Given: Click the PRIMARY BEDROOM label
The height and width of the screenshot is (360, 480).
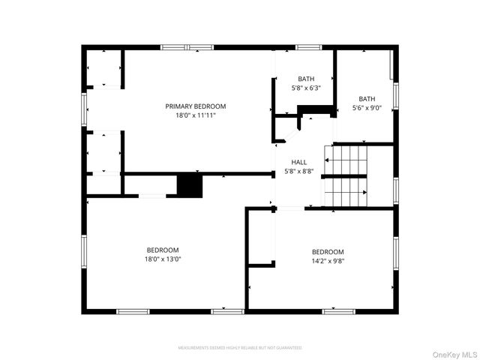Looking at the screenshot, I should [195, 106].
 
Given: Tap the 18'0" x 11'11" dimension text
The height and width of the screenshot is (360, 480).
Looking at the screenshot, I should [195, 115].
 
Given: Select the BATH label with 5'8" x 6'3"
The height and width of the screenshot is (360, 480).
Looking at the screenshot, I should [306, 79].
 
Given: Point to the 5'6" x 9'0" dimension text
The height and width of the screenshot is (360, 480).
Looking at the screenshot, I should [367, 107].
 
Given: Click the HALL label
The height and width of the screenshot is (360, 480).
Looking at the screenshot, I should [299, 162].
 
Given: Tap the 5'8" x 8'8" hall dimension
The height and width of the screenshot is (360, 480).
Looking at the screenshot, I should [299, 171].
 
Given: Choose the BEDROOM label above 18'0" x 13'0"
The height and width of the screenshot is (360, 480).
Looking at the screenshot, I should [163, 250].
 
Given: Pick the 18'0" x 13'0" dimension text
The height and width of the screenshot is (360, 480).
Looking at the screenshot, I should [163, 259].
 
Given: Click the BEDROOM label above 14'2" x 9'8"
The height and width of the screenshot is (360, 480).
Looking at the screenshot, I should [328, 252].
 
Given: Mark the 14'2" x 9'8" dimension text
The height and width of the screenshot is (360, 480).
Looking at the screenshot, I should [328, 261].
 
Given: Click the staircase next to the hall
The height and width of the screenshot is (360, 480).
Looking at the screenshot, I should [346, 175].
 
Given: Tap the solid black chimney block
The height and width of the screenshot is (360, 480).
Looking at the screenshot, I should [190, 186].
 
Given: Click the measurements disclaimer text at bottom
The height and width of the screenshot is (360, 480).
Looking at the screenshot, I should [240, 348].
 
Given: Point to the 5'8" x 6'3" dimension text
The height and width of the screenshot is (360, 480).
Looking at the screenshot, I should [306, 88].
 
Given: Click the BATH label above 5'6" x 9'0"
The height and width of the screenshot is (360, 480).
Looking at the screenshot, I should [367, 98].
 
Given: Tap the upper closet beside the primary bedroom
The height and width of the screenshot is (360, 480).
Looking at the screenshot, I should [104, 68].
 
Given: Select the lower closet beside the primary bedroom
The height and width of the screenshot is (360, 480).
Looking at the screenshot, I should [104, 152].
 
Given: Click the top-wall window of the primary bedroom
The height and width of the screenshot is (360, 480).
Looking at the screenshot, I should [187, 48].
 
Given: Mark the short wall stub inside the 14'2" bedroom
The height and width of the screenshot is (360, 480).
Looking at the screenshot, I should [261, 264].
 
